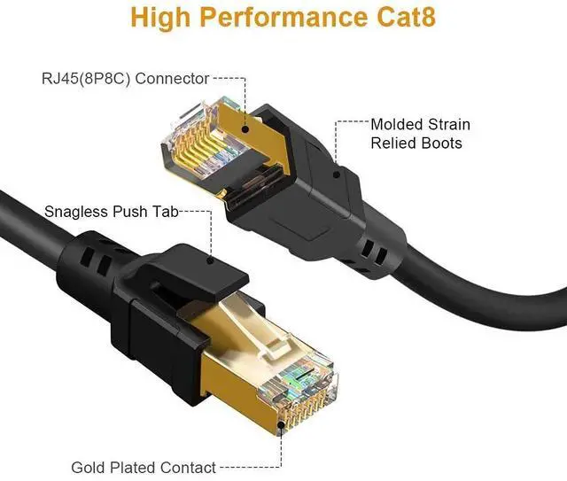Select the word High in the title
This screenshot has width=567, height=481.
point(163,16)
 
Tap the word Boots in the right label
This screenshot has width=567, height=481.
point(440,143)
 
